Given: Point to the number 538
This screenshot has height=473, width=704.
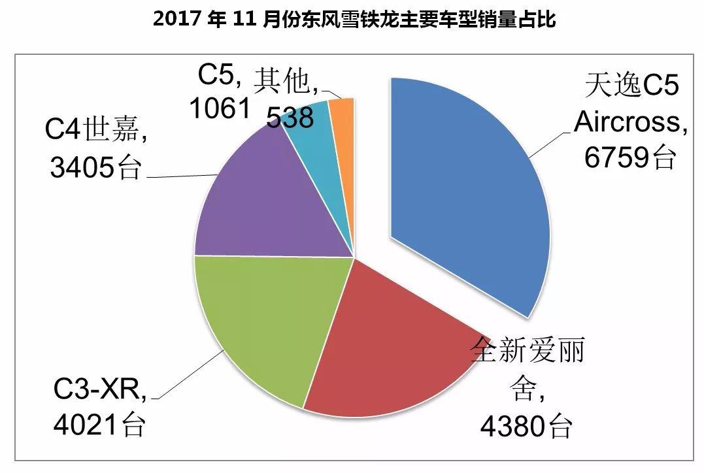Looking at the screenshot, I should pyautogui.click(x=290, y=118).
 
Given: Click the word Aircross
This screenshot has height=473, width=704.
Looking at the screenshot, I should pyautogui.click(x=629, y=122).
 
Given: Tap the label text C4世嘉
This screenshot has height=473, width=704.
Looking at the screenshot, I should pyautogui.click(x=95, y=131).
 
